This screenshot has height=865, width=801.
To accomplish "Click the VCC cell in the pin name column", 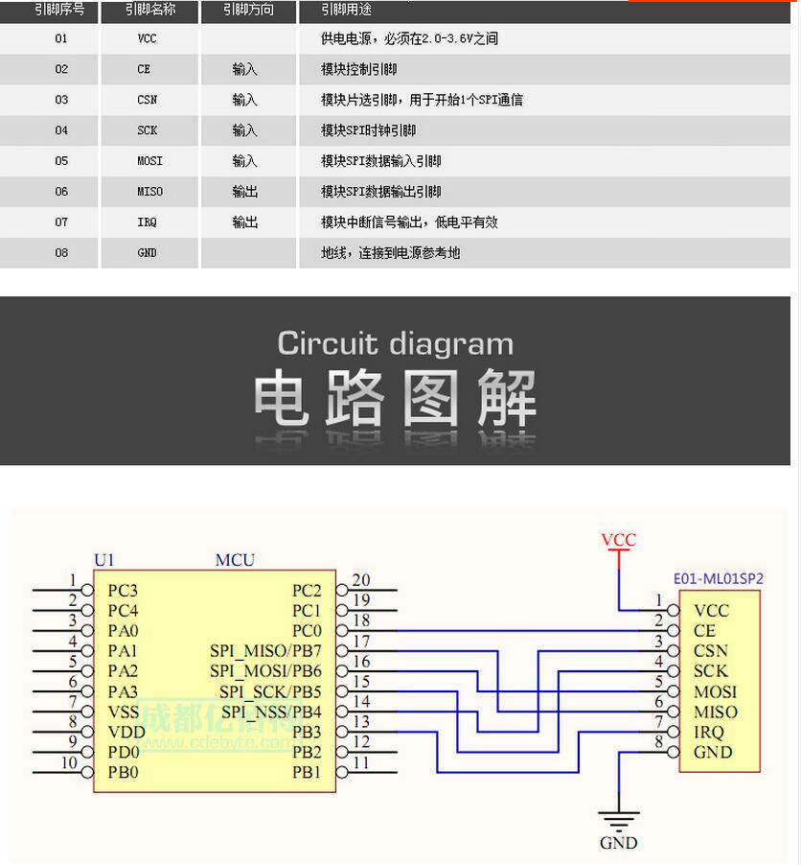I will click(x=147, y=39).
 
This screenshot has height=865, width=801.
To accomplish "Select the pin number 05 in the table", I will click(x=61, y=161).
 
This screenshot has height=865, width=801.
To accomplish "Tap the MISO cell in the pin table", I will click(x=149, y=192).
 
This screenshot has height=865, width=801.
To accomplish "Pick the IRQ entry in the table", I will click(x=147, y=222).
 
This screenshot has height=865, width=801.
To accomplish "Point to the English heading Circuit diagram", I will click(x=395, y=343).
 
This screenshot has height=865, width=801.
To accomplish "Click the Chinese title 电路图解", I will click(x=395, y=398).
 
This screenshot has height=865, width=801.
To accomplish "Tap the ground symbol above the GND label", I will click(x=618, y=820).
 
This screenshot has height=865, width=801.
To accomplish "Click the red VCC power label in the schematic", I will click(x=618, y=540).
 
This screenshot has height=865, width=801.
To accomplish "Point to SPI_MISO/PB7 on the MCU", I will click(x=265, y=651).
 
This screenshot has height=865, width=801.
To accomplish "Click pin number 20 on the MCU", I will click(x=361, y=579).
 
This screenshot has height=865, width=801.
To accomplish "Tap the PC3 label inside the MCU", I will click(x=123, y=591).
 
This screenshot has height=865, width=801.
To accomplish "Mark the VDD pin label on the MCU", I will click(x=126, y=732).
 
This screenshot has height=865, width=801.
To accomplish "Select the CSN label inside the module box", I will click(x=711, y=651).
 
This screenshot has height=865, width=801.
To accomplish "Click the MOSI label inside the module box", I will click(x=715, y=691).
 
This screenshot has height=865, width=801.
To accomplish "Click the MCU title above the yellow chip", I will click(x=235, y=560).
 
